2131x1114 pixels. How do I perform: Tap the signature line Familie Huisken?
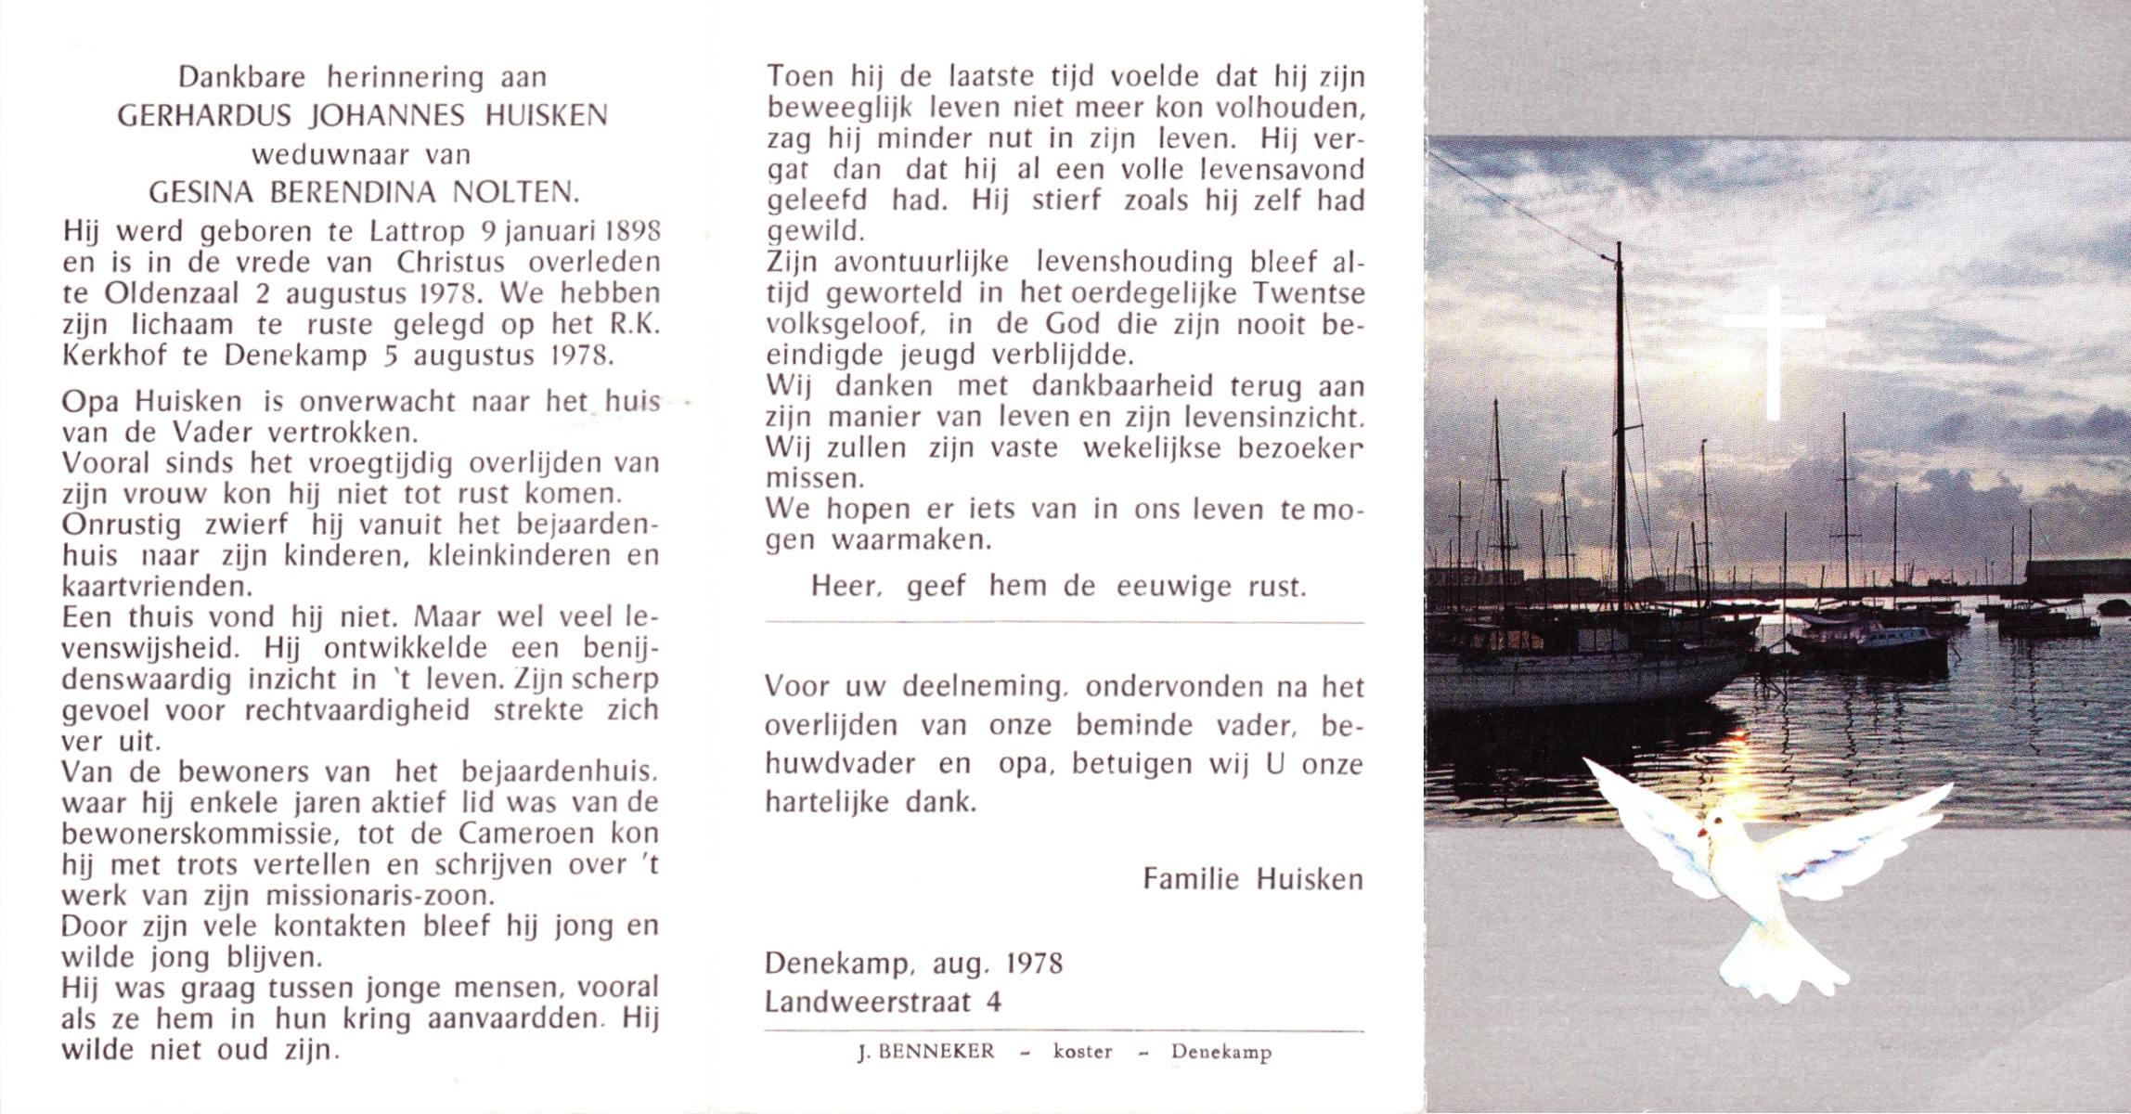tap(1252, 879)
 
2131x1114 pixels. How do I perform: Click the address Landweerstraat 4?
tap(883, 1003)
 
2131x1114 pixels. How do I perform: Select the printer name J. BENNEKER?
tap(926, 1052)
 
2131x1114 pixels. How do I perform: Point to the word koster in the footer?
tap(1082, 1052)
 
